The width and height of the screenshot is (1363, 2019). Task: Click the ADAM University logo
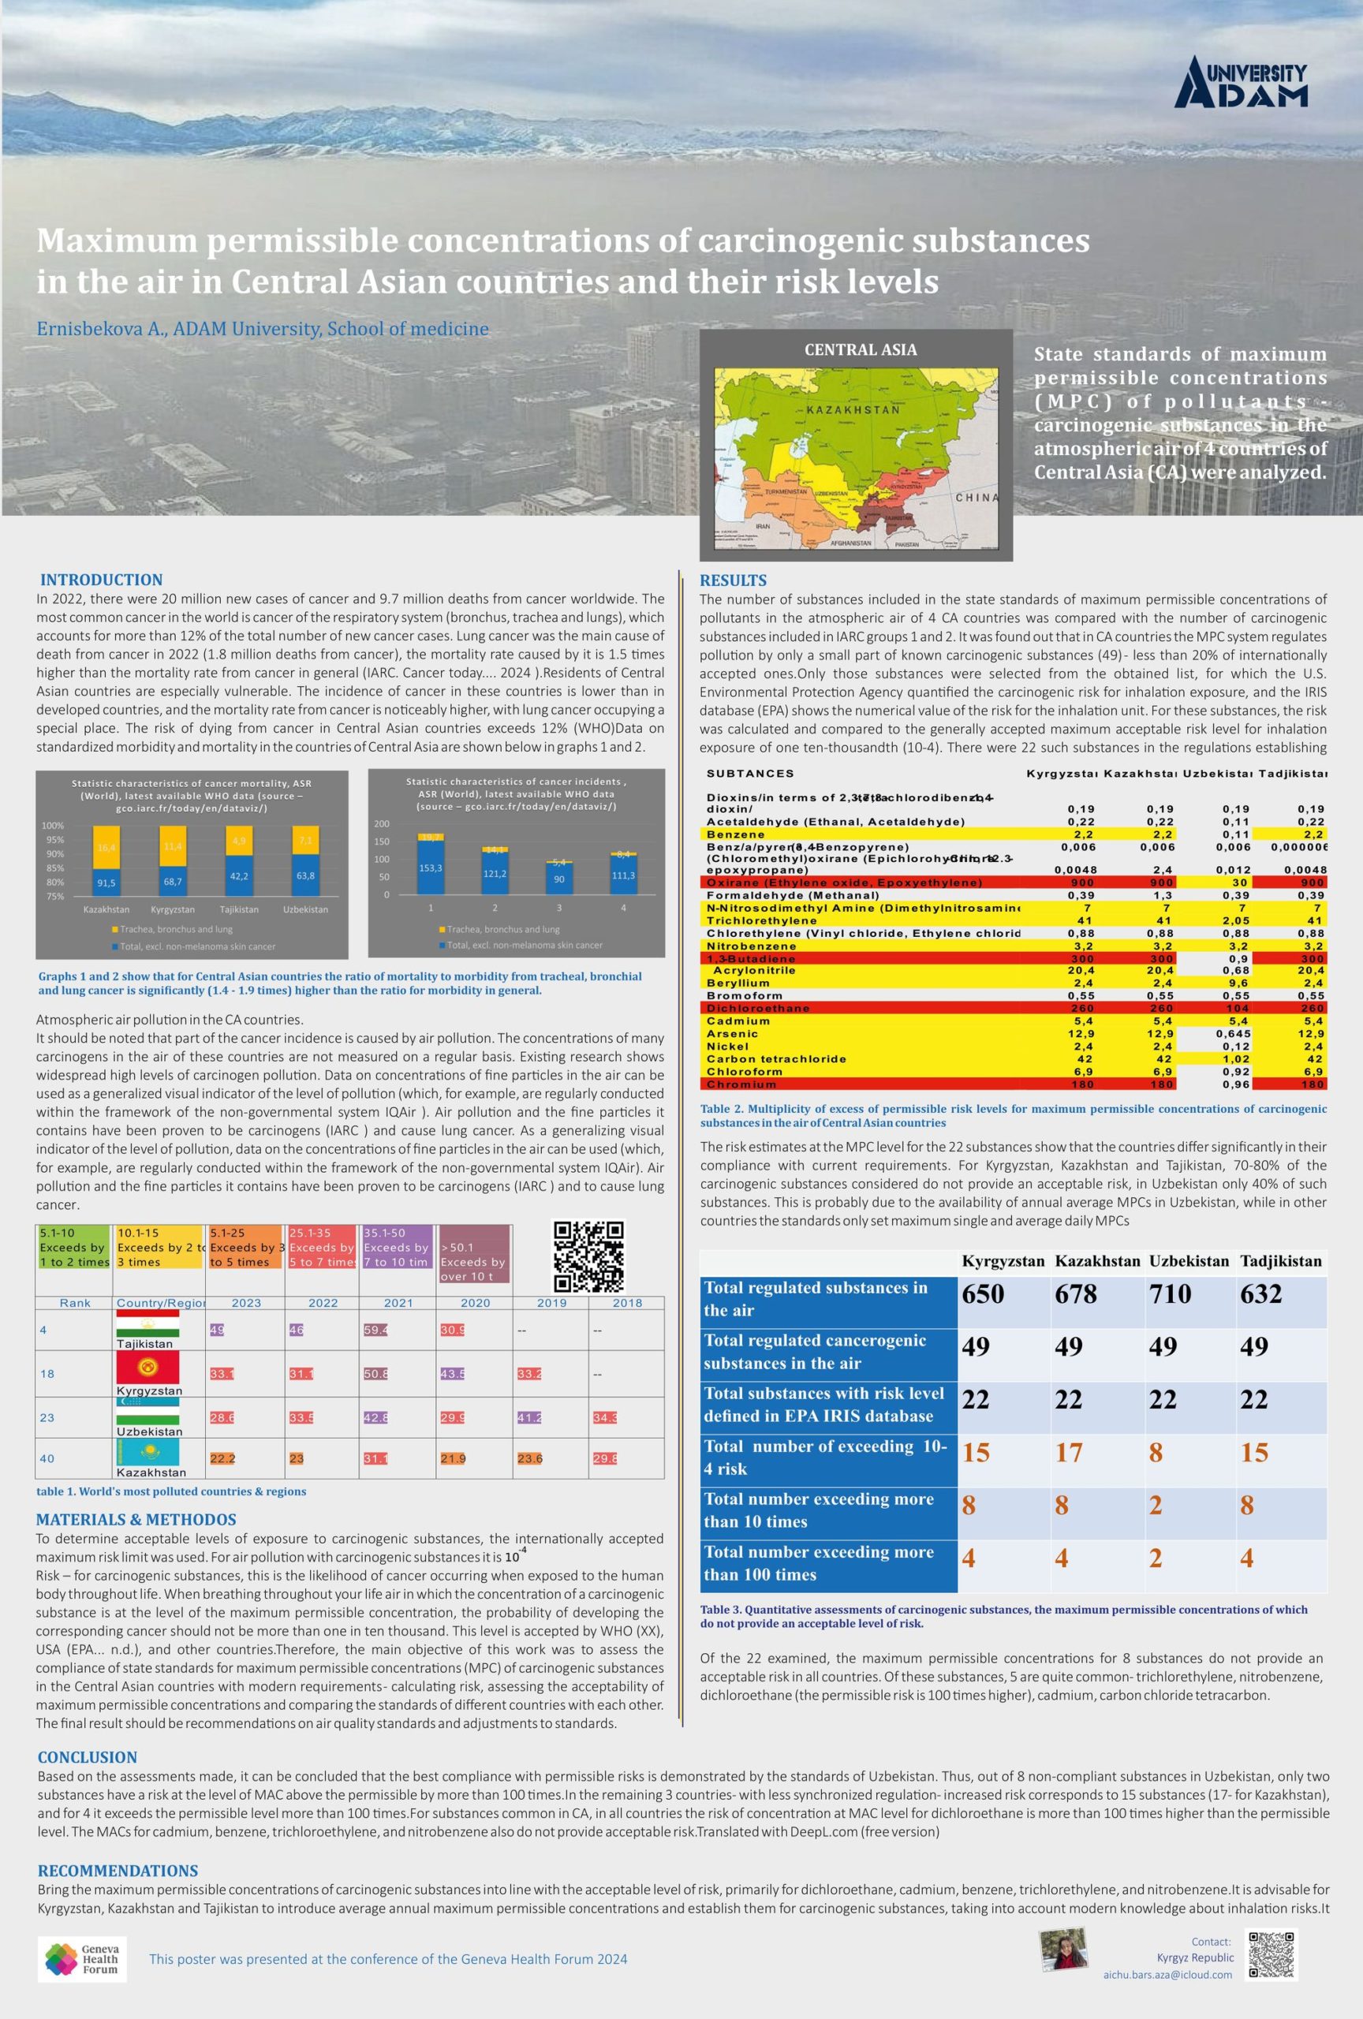1240,82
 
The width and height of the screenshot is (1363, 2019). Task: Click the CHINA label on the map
977,498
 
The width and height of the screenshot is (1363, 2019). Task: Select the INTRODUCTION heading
102,580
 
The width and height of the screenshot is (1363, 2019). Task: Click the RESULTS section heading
734,580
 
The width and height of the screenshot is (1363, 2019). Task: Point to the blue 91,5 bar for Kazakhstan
106,882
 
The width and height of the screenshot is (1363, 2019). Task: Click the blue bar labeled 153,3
431,867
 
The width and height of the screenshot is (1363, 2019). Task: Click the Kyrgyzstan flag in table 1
147,1368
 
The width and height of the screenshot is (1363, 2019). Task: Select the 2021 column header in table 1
398,1303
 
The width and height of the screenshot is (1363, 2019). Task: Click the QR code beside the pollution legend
588,1256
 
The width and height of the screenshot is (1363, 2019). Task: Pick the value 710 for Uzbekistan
1171,1294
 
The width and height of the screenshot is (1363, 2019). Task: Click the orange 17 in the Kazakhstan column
1069,1453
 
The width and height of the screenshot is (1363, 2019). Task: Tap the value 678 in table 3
1075,1294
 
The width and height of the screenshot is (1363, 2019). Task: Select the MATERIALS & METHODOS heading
136,1520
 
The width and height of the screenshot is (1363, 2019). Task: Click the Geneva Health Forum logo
82,1959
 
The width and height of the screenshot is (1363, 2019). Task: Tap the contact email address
1167,1975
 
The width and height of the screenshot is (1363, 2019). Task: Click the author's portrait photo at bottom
1063,1950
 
